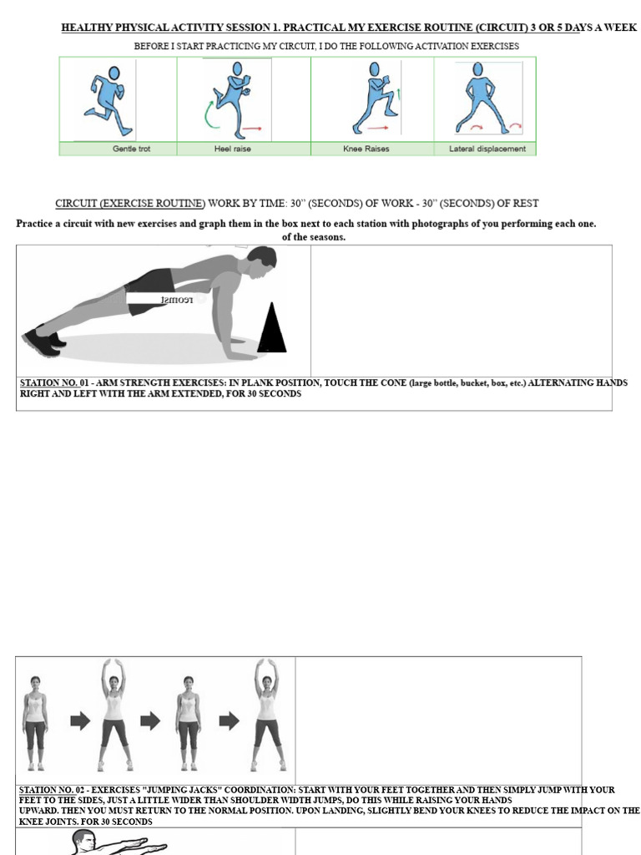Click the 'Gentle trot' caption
[132, 149]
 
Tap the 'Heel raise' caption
[232, 149]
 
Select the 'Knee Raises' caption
[366, 149]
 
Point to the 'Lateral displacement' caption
[487, 149]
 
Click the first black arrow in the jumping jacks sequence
[80, 721]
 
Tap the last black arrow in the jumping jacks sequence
[229, 721]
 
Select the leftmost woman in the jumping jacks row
[35, 722]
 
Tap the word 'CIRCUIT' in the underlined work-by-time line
[77, 203]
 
